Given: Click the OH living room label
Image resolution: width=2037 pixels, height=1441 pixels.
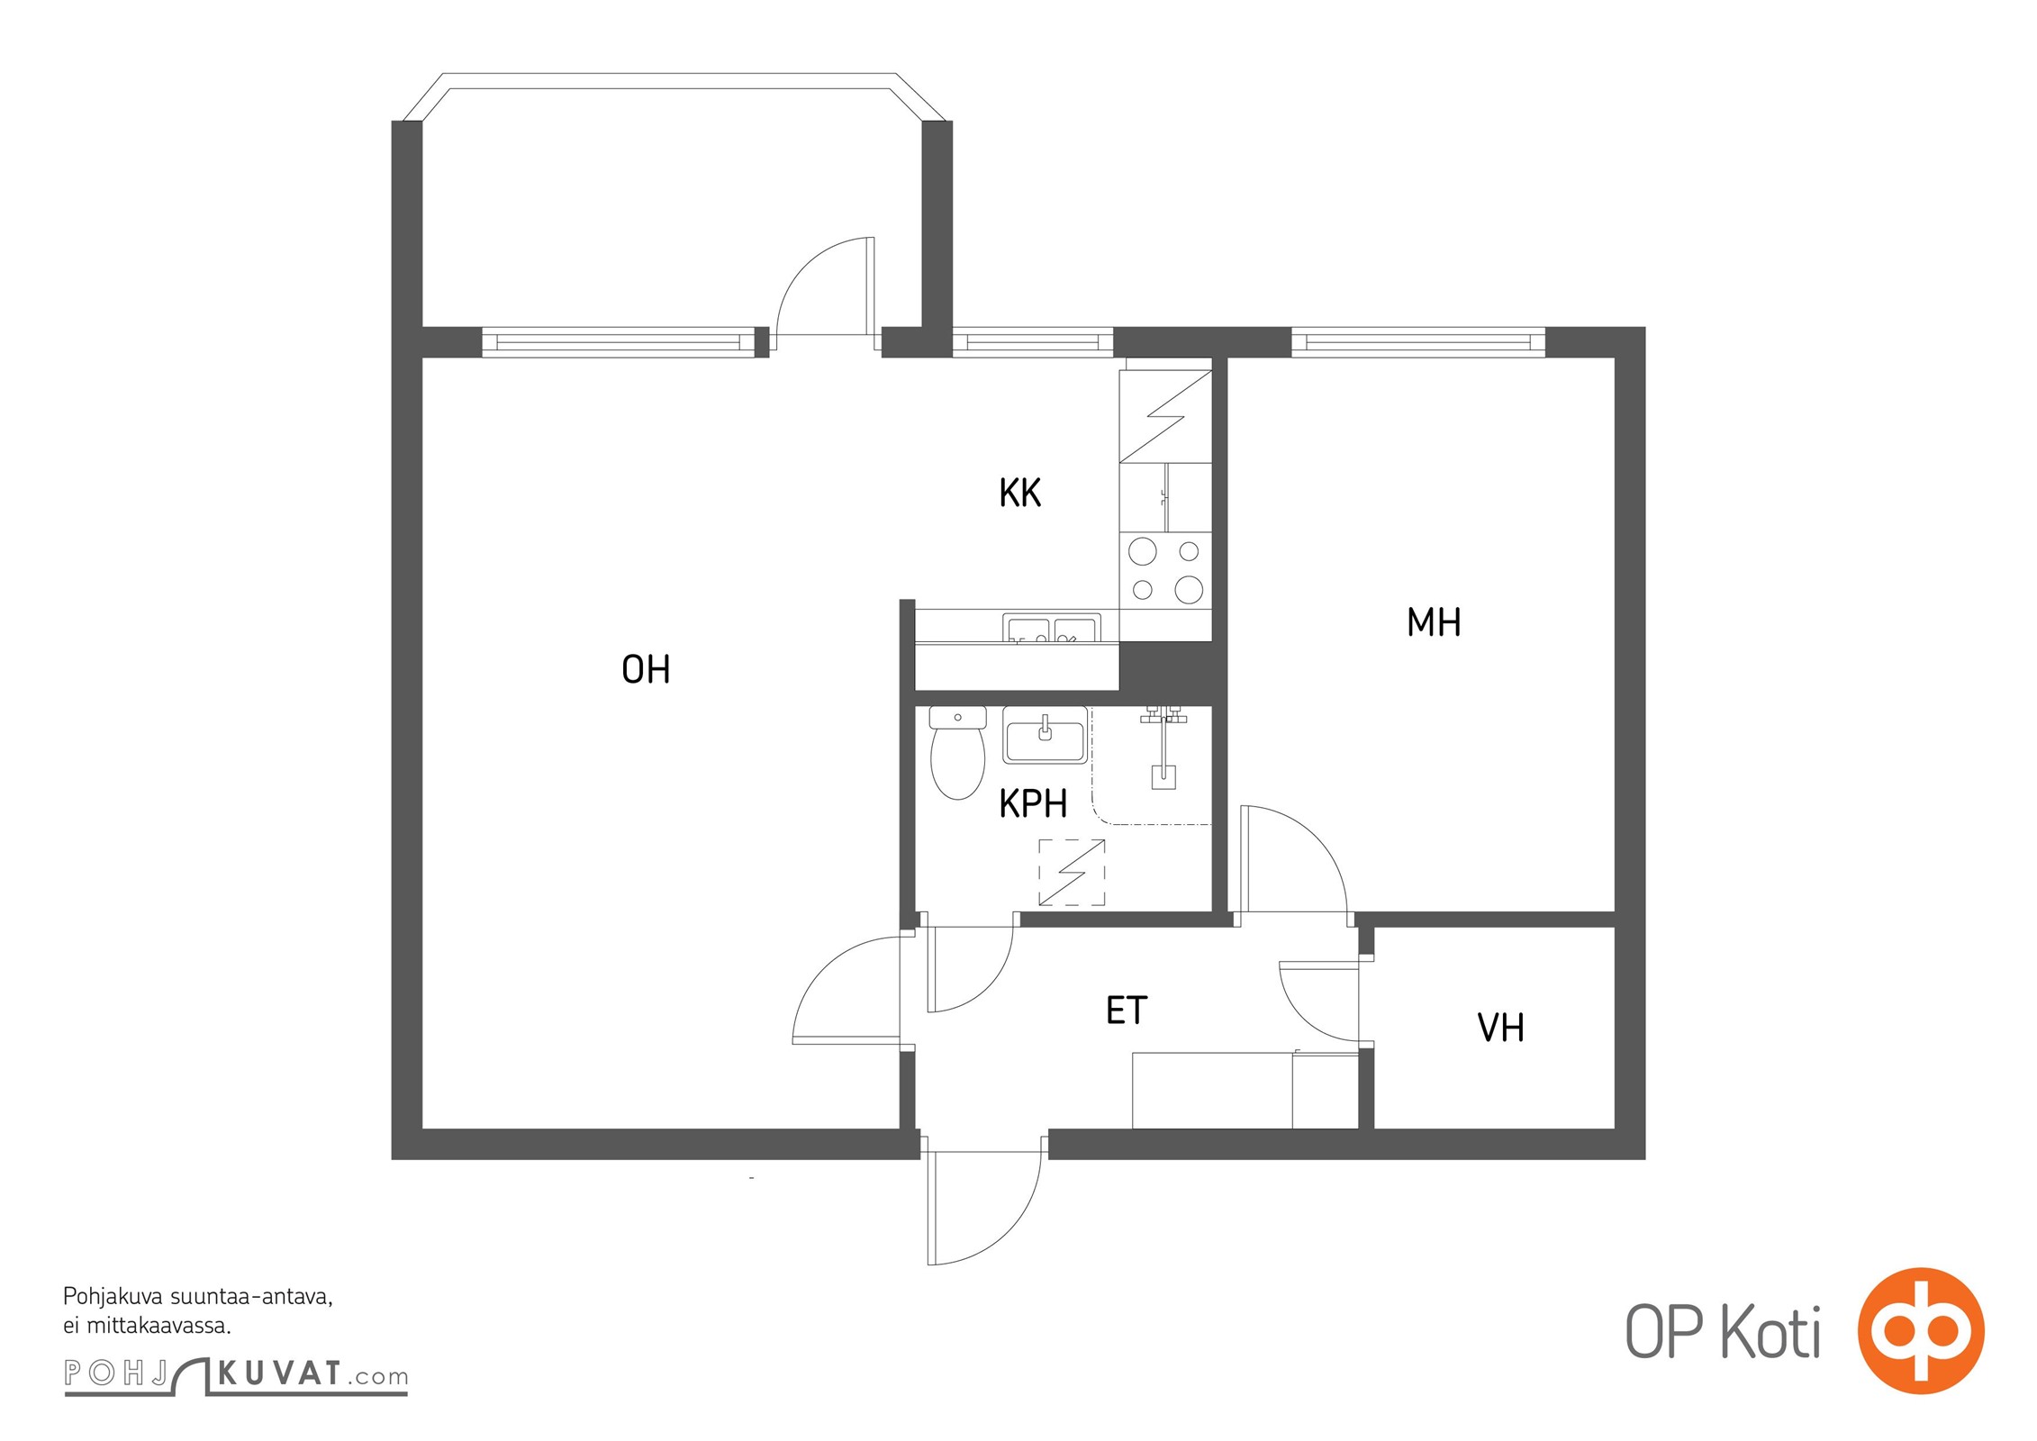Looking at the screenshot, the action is [646, 669].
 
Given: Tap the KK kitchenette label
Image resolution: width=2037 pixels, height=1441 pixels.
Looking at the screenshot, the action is [1020, 493].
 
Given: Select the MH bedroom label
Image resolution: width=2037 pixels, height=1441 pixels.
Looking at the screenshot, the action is [1434, 622].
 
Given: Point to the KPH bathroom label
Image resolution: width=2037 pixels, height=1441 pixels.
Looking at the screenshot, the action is [1033, 803].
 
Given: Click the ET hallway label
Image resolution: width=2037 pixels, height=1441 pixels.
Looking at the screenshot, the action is [1127, 1011].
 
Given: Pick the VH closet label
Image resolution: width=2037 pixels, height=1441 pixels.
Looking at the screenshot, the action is [1501, 1028].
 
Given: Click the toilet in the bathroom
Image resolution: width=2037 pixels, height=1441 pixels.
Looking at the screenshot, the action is [957, 753].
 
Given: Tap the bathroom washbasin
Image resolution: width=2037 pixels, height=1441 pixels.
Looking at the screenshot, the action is [1045, 734].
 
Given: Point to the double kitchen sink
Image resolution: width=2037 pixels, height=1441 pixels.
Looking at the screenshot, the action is [1052, 628].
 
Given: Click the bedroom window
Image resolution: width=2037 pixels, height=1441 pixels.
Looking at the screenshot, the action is [1418, 342].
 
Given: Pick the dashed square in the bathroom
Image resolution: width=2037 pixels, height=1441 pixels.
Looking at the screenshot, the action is [1072, 872].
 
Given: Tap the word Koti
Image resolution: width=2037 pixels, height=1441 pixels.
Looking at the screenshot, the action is [1771, 1332].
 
